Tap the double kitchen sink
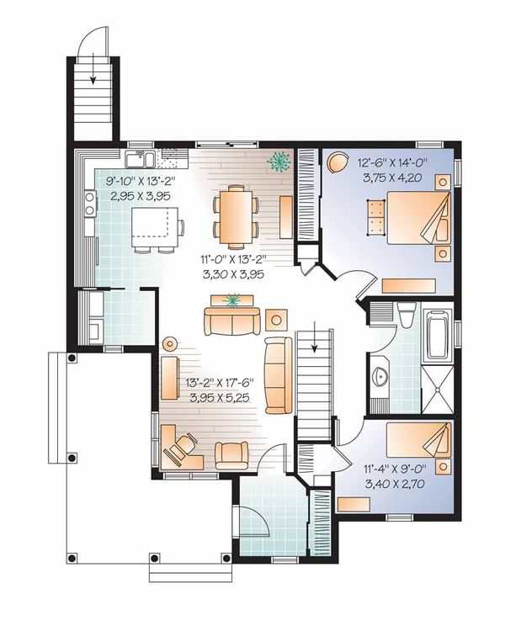(x=139, y=159)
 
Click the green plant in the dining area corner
(x=277, y=161)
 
